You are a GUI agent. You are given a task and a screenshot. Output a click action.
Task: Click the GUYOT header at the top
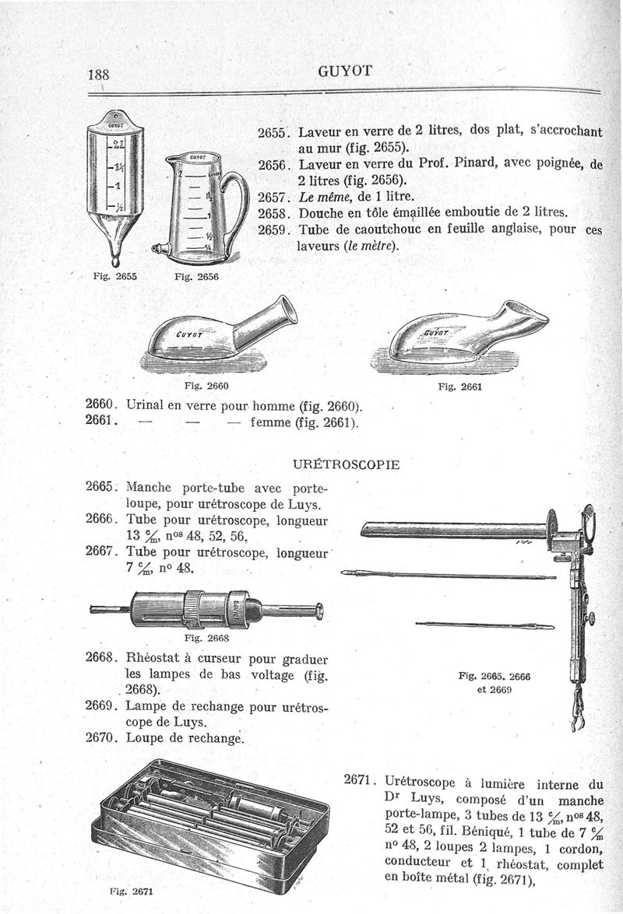(347, 72)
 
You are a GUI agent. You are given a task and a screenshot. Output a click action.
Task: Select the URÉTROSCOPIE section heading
(346, 464)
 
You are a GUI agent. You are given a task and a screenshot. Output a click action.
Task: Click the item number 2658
(273, 212)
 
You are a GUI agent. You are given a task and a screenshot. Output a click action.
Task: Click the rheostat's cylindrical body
(191, 608)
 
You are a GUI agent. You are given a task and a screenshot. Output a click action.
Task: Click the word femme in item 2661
(276, 424)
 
